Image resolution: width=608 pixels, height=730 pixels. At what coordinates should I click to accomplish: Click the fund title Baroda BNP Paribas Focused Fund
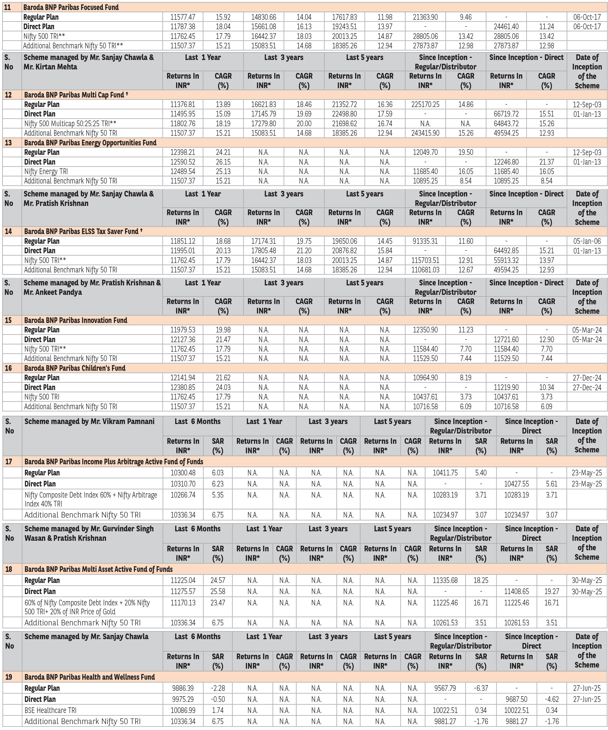pyautogui.click(x=71, y=7)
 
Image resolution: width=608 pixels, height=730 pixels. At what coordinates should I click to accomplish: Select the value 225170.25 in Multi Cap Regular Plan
pyautogui.click(x=425, y=104)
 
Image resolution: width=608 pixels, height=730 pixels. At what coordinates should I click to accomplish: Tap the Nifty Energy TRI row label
pyautogui.click(x=46, y=171)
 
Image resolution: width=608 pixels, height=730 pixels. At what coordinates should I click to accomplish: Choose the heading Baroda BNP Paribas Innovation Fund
pyautogui.click(x=75, y=320)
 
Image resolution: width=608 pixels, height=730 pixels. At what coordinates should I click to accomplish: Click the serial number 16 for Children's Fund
pyautogui.click(x=8, y=368)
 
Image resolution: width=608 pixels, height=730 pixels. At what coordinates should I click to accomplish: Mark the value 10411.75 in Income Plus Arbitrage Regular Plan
pyautogui.click(x=445, y=473)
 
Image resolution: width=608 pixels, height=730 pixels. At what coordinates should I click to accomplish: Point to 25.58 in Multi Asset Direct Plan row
pyautogui.click(x=217, y=591)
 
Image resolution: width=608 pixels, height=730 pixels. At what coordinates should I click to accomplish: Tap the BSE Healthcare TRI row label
pyautogui.click(x=50, y=710)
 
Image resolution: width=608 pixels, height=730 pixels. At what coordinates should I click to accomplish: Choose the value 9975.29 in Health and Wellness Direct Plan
pyautogui.click(x=183, y=699)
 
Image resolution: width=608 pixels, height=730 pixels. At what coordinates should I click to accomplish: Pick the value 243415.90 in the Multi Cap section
pyautogui.click(x=425, y=133)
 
